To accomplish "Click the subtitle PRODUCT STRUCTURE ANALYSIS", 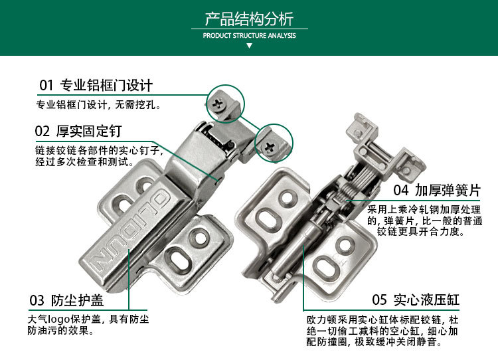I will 249,36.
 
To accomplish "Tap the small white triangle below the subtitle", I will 249,46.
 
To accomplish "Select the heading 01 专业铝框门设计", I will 96,85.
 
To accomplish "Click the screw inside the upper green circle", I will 218,102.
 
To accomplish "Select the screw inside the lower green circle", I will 271,146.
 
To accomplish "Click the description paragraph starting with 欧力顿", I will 382,331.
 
